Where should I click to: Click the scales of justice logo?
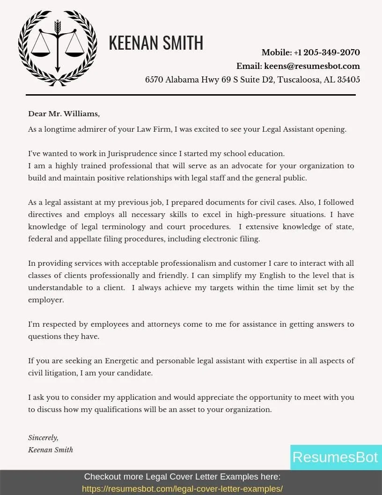click(x=58, y=47)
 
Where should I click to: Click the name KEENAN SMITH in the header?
click(x=156, y=43)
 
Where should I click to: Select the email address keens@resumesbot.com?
click(x=312, y=66)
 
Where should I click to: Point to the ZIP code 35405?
click(x=349, y=80)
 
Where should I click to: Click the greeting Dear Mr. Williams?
click(x=64, y=114)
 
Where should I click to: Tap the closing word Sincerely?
click(x=43, y=438)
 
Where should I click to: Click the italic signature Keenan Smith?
click(x=51, y=450)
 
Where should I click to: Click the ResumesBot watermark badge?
click(x=335, y=457)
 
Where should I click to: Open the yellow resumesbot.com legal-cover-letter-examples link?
click(x=182, y=489)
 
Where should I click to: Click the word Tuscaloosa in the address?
click(x=299, y=80)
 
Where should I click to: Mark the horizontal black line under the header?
click(x=191, y=95)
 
